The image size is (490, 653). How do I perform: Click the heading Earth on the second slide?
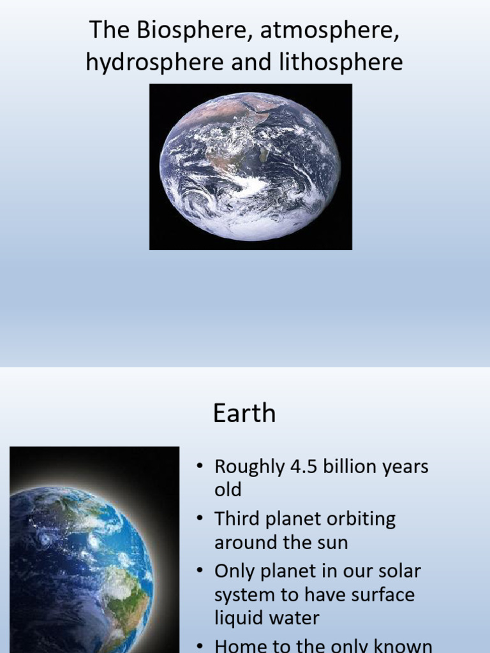coord(244,414)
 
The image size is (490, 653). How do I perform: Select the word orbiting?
coord(362,519)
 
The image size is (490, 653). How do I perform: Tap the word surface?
coord(384,595)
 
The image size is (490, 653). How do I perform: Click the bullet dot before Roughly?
coord(200,467)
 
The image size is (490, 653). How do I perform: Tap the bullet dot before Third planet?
coord(200,519)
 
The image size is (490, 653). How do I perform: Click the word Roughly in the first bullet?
coord(249,467)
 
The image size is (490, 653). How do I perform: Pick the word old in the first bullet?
coord(228,490)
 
